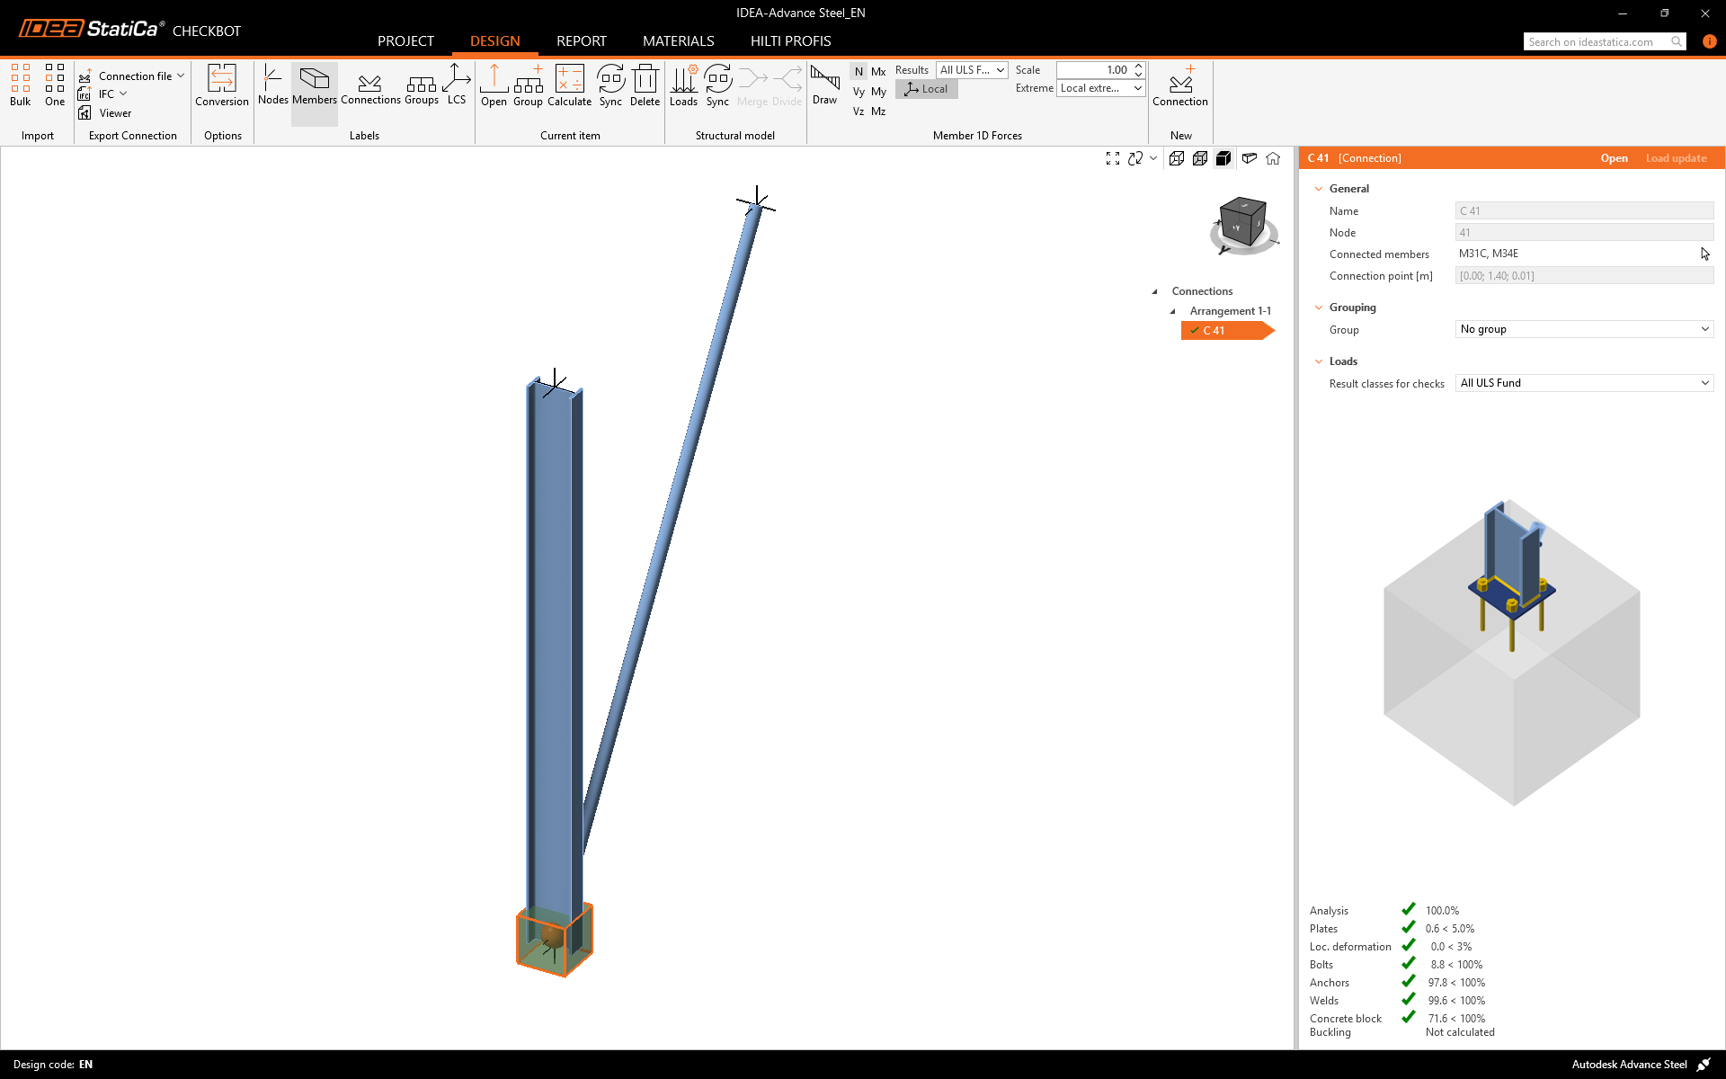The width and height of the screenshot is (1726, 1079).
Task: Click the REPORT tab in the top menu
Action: click(x=581, y=41)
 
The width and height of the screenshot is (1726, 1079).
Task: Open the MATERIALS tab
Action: click(x=678, y=41)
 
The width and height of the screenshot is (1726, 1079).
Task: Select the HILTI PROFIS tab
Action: click(x=790, y=41)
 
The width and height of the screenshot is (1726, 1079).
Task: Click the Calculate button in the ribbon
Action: click(x=569, y=85)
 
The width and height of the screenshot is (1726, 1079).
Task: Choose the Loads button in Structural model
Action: click(x=683, y=85)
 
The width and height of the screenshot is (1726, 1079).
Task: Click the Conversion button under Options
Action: click(x=222, y=85)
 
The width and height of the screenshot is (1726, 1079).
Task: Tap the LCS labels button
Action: click(x=457, y=85)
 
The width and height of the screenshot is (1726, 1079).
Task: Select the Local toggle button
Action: click(x=927, y=89)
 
